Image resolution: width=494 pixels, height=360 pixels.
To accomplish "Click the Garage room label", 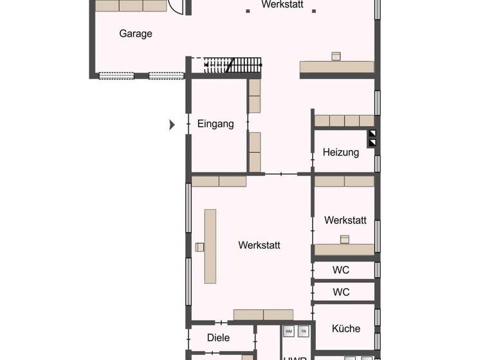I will tap(136, 33).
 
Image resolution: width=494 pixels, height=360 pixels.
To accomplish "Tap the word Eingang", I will tap(215, 124).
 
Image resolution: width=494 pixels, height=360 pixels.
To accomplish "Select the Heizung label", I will tap(340, 152).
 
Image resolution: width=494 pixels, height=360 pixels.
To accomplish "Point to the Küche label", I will tap(346, 328).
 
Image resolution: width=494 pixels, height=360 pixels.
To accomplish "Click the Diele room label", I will tap(219, 337).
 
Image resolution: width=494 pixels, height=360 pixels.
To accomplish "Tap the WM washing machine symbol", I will tap(289, 332).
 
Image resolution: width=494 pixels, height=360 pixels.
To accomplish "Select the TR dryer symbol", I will tap(304, 332).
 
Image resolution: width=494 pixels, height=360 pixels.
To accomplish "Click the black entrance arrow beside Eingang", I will tap(172, 125).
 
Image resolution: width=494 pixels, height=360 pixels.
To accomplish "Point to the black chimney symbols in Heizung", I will tap(372, 138).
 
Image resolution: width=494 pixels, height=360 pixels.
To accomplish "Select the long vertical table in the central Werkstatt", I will tap(210, 246).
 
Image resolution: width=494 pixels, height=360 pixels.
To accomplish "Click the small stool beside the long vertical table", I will tap(199, 247).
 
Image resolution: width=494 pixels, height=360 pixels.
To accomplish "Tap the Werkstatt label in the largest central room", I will tap(259, 245).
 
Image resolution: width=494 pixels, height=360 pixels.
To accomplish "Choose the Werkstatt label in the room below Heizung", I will tap(345, 220).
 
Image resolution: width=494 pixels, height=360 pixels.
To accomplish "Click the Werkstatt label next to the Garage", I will tap(282, 4).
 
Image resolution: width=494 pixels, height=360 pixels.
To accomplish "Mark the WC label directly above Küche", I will tap(341, 292).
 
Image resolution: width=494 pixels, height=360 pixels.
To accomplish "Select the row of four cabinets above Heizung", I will tap(344, 121).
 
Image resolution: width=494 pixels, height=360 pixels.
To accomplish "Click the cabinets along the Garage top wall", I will tap(131, 6).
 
